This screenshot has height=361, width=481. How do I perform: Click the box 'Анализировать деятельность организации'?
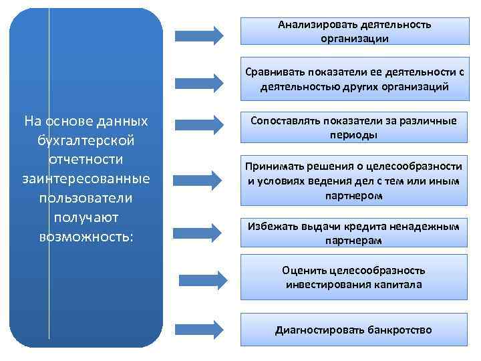point(354,31)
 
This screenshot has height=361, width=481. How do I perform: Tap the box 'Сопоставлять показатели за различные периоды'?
point(354,127)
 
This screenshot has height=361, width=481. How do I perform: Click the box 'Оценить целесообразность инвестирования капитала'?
point(354,277)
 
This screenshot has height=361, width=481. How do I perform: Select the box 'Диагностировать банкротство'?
point(354,330)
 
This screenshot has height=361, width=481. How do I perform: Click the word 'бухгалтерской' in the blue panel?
point(87,141)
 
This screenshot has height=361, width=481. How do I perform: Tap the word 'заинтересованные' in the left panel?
point(86,179)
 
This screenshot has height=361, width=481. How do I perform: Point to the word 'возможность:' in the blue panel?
point(87,237)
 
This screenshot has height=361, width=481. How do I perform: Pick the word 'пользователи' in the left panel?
point(86,199)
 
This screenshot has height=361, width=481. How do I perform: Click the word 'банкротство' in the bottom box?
point(398,330)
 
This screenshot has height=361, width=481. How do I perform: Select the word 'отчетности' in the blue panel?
point(86,160)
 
